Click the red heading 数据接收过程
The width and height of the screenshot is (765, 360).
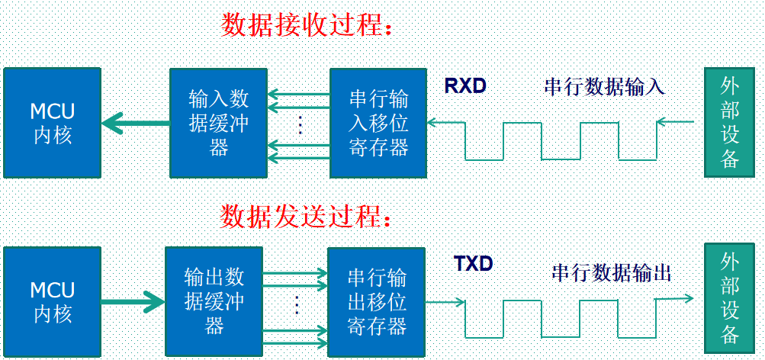tap(301, 25)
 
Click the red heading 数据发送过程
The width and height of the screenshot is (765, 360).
tap(301, 216)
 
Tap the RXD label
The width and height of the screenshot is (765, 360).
tap(465, 86)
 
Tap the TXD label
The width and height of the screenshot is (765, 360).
tap(473, 264)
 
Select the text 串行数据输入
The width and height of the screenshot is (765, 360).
tap(605, 87)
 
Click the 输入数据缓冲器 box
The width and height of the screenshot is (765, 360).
tap(218, 123)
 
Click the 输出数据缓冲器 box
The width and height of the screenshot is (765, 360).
tap(214, 301)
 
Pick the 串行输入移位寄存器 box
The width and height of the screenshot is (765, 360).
tap(378, 123)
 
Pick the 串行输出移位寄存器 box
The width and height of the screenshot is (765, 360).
tap(376, 302)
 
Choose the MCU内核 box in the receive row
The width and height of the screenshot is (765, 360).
tap(52, 123)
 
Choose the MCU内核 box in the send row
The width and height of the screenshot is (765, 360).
tap(52, 301)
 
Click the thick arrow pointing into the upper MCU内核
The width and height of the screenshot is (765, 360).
tap(136, 123)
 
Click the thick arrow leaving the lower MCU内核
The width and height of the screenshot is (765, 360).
tap(133, 302)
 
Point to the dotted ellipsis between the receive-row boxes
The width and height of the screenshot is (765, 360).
tap(300, 125)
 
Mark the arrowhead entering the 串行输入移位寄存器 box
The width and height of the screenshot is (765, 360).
tap(432, 123)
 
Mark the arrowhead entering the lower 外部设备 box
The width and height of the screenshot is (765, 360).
tap(689, 297)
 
